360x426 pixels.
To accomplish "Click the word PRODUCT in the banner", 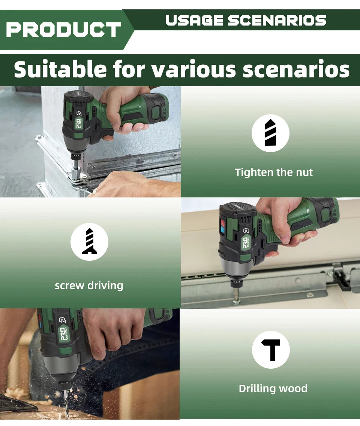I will coord(63,30).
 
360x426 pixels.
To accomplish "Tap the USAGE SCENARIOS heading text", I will coord(246,20).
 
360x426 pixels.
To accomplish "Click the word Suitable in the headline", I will coord(60,70).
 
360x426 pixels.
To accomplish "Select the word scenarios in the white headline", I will coord(296,70).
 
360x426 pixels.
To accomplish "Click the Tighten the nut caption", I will coord(274,172).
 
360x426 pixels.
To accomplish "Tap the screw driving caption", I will coord(89,285).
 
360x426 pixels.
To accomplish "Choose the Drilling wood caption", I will coord(273,388).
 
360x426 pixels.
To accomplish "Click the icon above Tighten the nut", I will coord(270,133).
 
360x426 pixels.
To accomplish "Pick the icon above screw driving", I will coord(89,242).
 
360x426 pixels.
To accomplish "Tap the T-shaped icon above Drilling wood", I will coord(271,350).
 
